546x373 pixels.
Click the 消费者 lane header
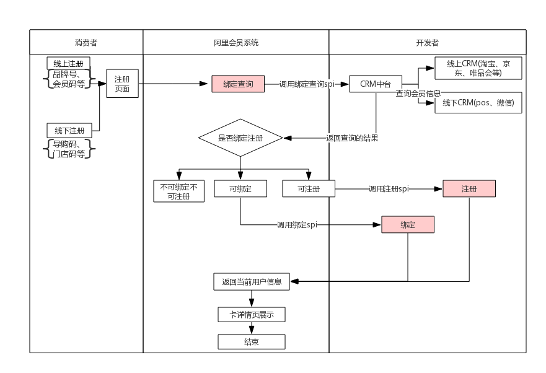[x=86, y=43]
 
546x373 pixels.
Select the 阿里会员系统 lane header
[x=236, y=43]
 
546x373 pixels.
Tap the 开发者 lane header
[x=427, y=43]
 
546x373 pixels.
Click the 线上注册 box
[x=69, y=63]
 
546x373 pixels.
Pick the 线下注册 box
[x=69, y=131]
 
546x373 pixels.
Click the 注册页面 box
[x=122, y=84]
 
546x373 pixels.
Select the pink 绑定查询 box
[x=238, y=84]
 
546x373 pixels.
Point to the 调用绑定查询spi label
[x=307, y=84]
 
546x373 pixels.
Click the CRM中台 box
[x=376, y=84]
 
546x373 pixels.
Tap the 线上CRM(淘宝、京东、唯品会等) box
[x=478, y=68]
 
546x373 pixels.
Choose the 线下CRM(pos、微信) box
[x=478, y=103]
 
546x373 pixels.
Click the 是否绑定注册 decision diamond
[x=240, y=138]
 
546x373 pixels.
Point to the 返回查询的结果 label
[x=352, y=138]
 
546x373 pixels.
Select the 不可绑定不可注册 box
[x=178, y=191]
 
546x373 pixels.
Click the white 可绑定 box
[x=240, y=189]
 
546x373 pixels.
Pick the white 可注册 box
[x=309, y=189]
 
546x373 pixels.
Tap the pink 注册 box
[x=469, y=189]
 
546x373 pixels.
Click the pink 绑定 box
[x=408, y=225]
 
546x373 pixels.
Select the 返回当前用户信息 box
[x=252, y=282]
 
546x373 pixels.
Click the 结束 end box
[x=252, y=342]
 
